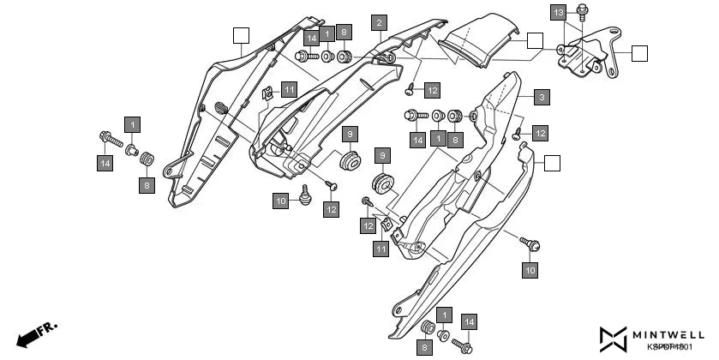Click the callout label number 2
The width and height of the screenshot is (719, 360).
(x=379, y=22)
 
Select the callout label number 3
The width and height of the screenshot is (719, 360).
(x=542, y=98)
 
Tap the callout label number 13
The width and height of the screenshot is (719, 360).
(x=558, y=13)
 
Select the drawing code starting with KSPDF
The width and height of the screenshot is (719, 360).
(x=668, y=347)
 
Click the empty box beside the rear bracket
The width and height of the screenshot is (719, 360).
(x=639, y=54)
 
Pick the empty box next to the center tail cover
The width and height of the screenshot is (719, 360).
(x=535, y=40)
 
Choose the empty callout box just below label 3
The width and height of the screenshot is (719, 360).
(x=553, y=162)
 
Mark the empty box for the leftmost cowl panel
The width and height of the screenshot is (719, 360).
(x=241, y=35)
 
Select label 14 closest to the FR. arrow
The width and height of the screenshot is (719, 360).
(x=105, y=163)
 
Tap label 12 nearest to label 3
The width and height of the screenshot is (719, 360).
(x=539, y=133)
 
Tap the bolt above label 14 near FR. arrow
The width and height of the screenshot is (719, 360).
(x=108, y=136)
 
